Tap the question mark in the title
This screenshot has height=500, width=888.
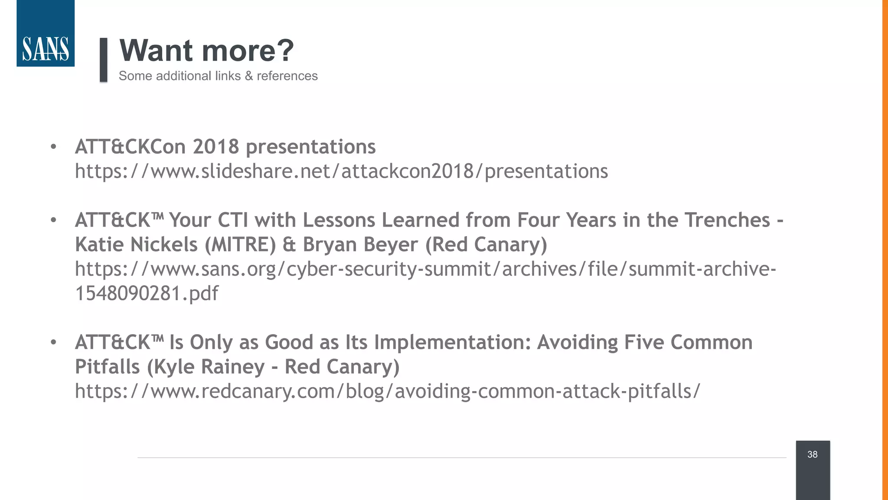pos(284,50)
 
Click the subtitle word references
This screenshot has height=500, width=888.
pos(287,76)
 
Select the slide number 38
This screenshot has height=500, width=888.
pos(812,454)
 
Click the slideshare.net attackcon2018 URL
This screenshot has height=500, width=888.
pos(341,171)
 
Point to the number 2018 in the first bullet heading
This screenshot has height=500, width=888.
pos(216,147)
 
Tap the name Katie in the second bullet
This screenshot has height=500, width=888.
pos(100,244)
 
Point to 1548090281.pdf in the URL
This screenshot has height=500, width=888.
pos(147,293)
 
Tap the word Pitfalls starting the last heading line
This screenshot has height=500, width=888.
pos(107,367)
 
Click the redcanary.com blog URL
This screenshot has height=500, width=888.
pos(387,391)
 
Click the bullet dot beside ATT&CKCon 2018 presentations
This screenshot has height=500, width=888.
pos(53,147)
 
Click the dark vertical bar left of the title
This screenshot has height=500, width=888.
pos(103,60)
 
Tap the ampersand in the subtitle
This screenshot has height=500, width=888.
pos(248,76)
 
